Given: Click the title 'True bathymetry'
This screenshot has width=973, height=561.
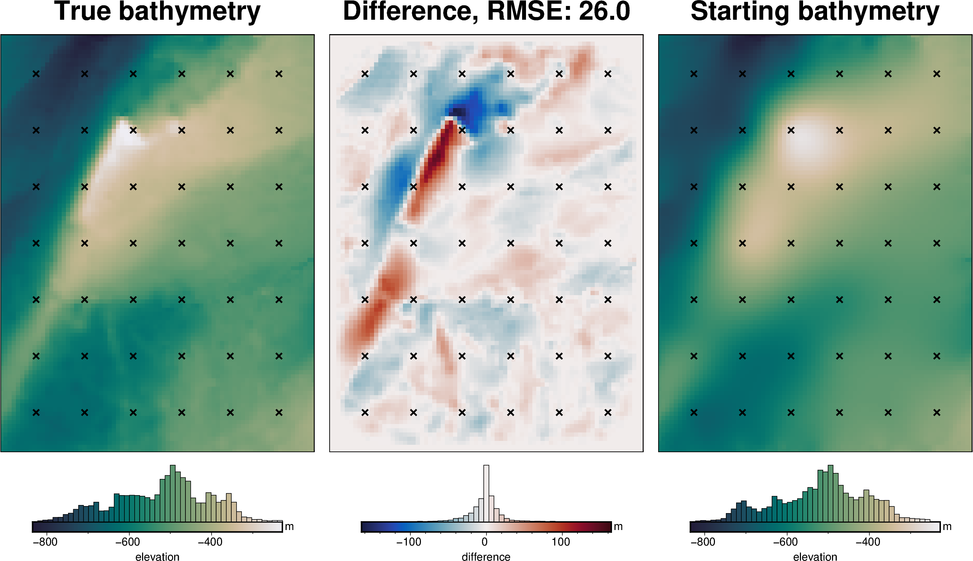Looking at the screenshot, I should coord(157,12).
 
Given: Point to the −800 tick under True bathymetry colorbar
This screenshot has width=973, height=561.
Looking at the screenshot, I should coord(45,542).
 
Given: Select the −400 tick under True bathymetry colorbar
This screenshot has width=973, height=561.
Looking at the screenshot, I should coord(210,542).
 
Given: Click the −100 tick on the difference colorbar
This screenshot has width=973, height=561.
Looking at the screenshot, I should coord(409,542).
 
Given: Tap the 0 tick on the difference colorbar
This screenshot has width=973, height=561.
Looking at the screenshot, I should coord(485,542).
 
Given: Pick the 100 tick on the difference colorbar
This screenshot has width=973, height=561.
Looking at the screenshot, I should coord(561,542).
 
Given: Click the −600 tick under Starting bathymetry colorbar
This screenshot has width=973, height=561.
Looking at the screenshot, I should coord(785,542).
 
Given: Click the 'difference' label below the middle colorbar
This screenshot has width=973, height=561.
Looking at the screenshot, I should coord(486,556).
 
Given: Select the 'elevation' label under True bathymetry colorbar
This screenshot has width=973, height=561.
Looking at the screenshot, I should coord(157,556).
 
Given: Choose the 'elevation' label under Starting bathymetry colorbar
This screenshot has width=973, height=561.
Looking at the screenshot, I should coord(815,556).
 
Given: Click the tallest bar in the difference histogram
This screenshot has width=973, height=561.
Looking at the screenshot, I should coord(486,493).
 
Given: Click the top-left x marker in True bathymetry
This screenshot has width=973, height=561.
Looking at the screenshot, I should coord(36,74).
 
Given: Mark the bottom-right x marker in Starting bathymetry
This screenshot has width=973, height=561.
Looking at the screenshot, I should coord(936,413).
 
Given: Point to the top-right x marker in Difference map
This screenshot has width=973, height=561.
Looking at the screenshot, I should coord(608,74).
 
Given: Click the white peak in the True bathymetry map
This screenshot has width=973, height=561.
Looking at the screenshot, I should coord(126,135).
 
